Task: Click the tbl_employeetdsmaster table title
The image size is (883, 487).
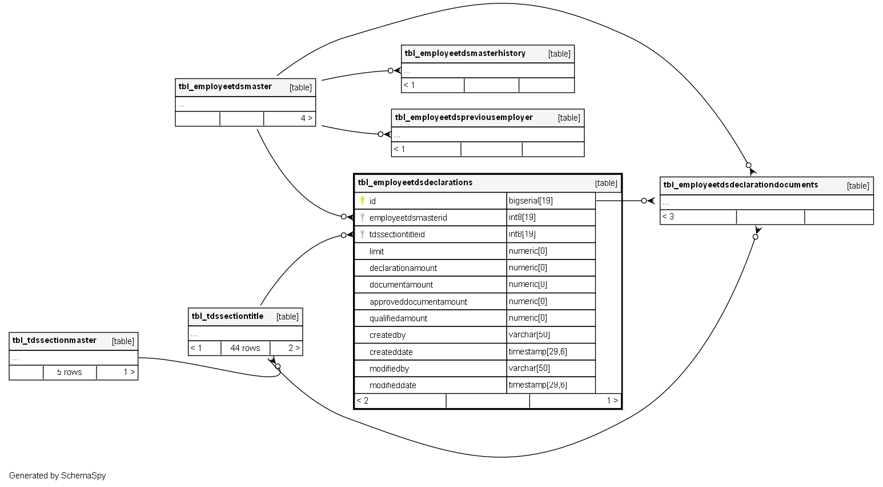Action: pyautogui.click(x=225, y=87)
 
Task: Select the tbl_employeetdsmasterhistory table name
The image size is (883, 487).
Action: pyautogui.click(x=465, y=54)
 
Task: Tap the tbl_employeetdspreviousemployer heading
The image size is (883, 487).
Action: pyautogui.click(x=464, y=118)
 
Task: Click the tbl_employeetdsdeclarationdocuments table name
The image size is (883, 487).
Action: pyautogui.click(x=741, y=185)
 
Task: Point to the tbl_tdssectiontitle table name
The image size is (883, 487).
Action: pyautogui.click(x=227, y=317)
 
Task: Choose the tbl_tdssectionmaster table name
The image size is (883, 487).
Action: pyautogui.click(x=54, y=341)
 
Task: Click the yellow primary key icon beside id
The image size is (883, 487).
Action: pyautogui.click(x=362, y=201)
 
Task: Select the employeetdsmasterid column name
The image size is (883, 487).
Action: pyautogui.click(x=408, y=218)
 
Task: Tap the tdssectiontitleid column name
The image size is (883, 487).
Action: pyautogui.click(x=397, y=234)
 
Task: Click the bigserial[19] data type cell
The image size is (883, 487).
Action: pyautogui.click(x=531, y=201)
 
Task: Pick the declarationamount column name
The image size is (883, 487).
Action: pyautogui.click(x=403, y=268)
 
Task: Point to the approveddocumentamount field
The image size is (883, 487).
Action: pyautogui.click(x=418, y=302)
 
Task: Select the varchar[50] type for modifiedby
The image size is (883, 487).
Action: pyautogui.click(x=529, y=368)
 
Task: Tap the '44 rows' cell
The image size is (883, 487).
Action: pyautogui.click(x=245, y=348)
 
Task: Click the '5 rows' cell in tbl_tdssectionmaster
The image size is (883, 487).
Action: pyautogui.click(x=70, y=372)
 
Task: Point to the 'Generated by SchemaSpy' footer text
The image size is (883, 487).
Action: pyautogui.click(x=58, y=476)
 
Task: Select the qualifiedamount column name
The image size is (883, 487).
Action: pyautogui.click(x=398, y=318)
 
